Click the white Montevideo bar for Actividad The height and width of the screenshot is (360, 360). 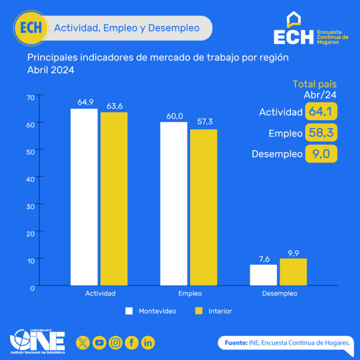click(84, 197)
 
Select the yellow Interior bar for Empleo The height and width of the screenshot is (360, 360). click(204, 207)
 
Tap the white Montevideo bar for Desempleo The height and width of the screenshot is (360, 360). click(263, 275)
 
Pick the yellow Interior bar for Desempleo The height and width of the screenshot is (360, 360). click(293, 272)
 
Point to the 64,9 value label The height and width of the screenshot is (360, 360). click(85, 102)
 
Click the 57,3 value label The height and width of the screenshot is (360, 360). click(204, 122)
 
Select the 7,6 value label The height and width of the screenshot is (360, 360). click(264, 259)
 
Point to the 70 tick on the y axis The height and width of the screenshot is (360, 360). click(30, 97)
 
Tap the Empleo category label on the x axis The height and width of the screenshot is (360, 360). click(190, 293)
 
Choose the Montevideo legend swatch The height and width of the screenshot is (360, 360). click(129, 311)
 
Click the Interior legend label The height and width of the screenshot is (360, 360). click(220, 311)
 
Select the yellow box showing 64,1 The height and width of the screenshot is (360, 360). click(321, 112)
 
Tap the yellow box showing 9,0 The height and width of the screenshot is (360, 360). click(321, 154)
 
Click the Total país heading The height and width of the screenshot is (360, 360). click(314, 84)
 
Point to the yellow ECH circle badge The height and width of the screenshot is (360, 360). click(31, 28)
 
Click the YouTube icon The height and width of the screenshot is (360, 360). click(99, 343)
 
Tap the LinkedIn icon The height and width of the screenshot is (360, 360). click(148, 343)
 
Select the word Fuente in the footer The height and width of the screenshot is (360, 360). click(236, 343)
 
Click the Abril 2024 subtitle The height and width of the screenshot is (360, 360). click(51, 70)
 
